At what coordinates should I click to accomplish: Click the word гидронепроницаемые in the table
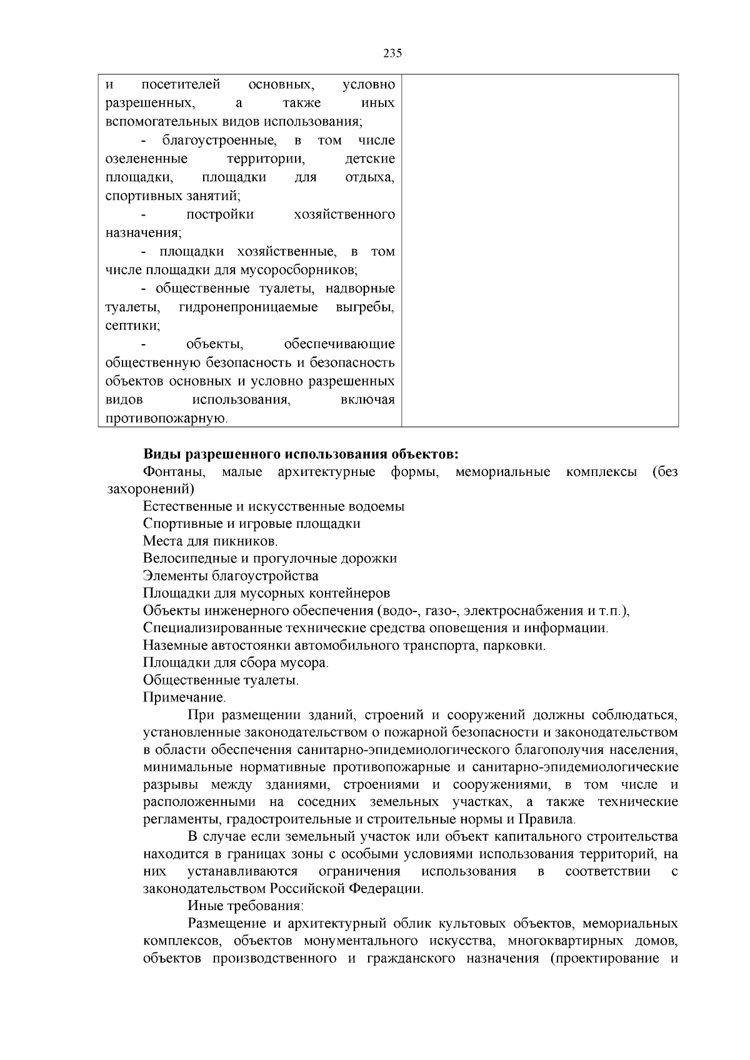pos(248,307)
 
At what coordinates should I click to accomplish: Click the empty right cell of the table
pos(540,250)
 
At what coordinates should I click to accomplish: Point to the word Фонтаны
pos(174,472)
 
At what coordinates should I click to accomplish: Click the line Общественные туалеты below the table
pos(221,680)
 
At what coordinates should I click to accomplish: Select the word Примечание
pos(184,698)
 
